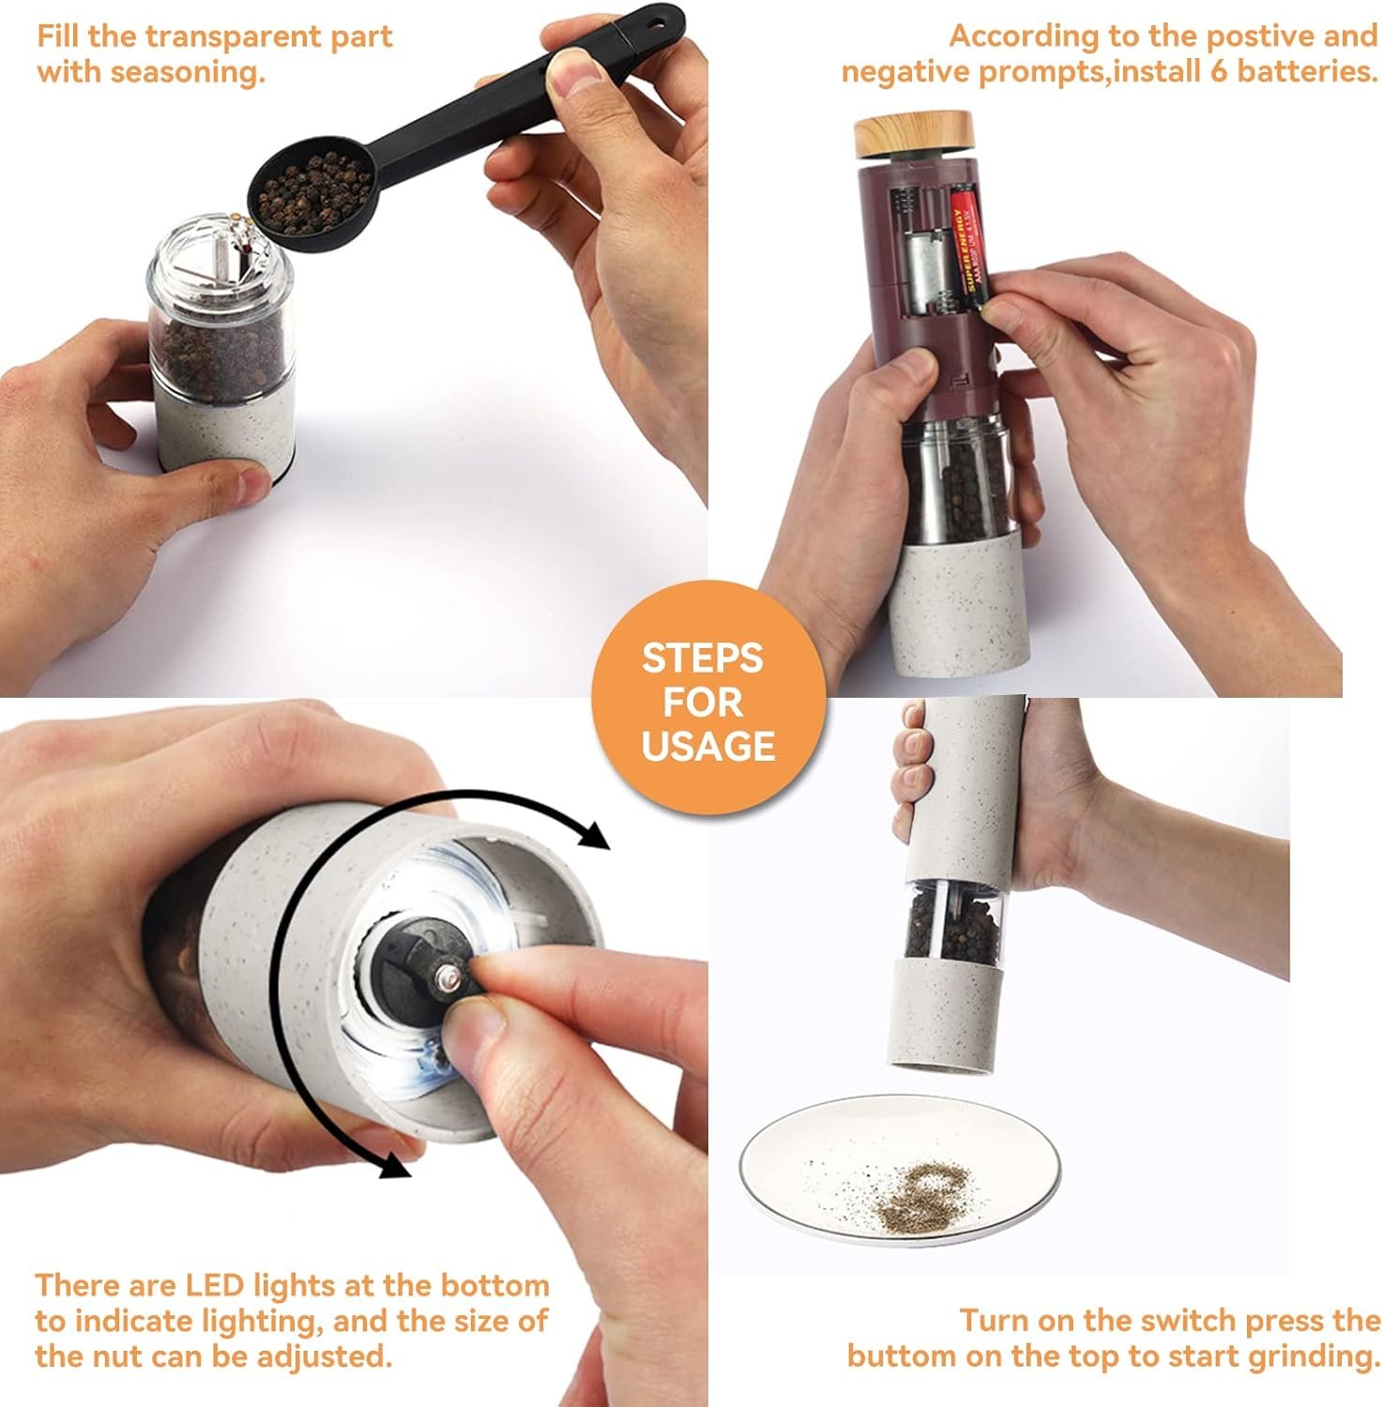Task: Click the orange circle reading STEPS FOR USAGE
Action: [x=708, y=700]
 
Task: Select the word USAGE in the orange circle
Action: [x=708, y=746]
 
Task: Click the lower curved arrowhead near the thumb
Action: [x=393, y=1161]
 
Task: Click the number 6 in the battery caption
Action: [x=1219, y=71]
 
